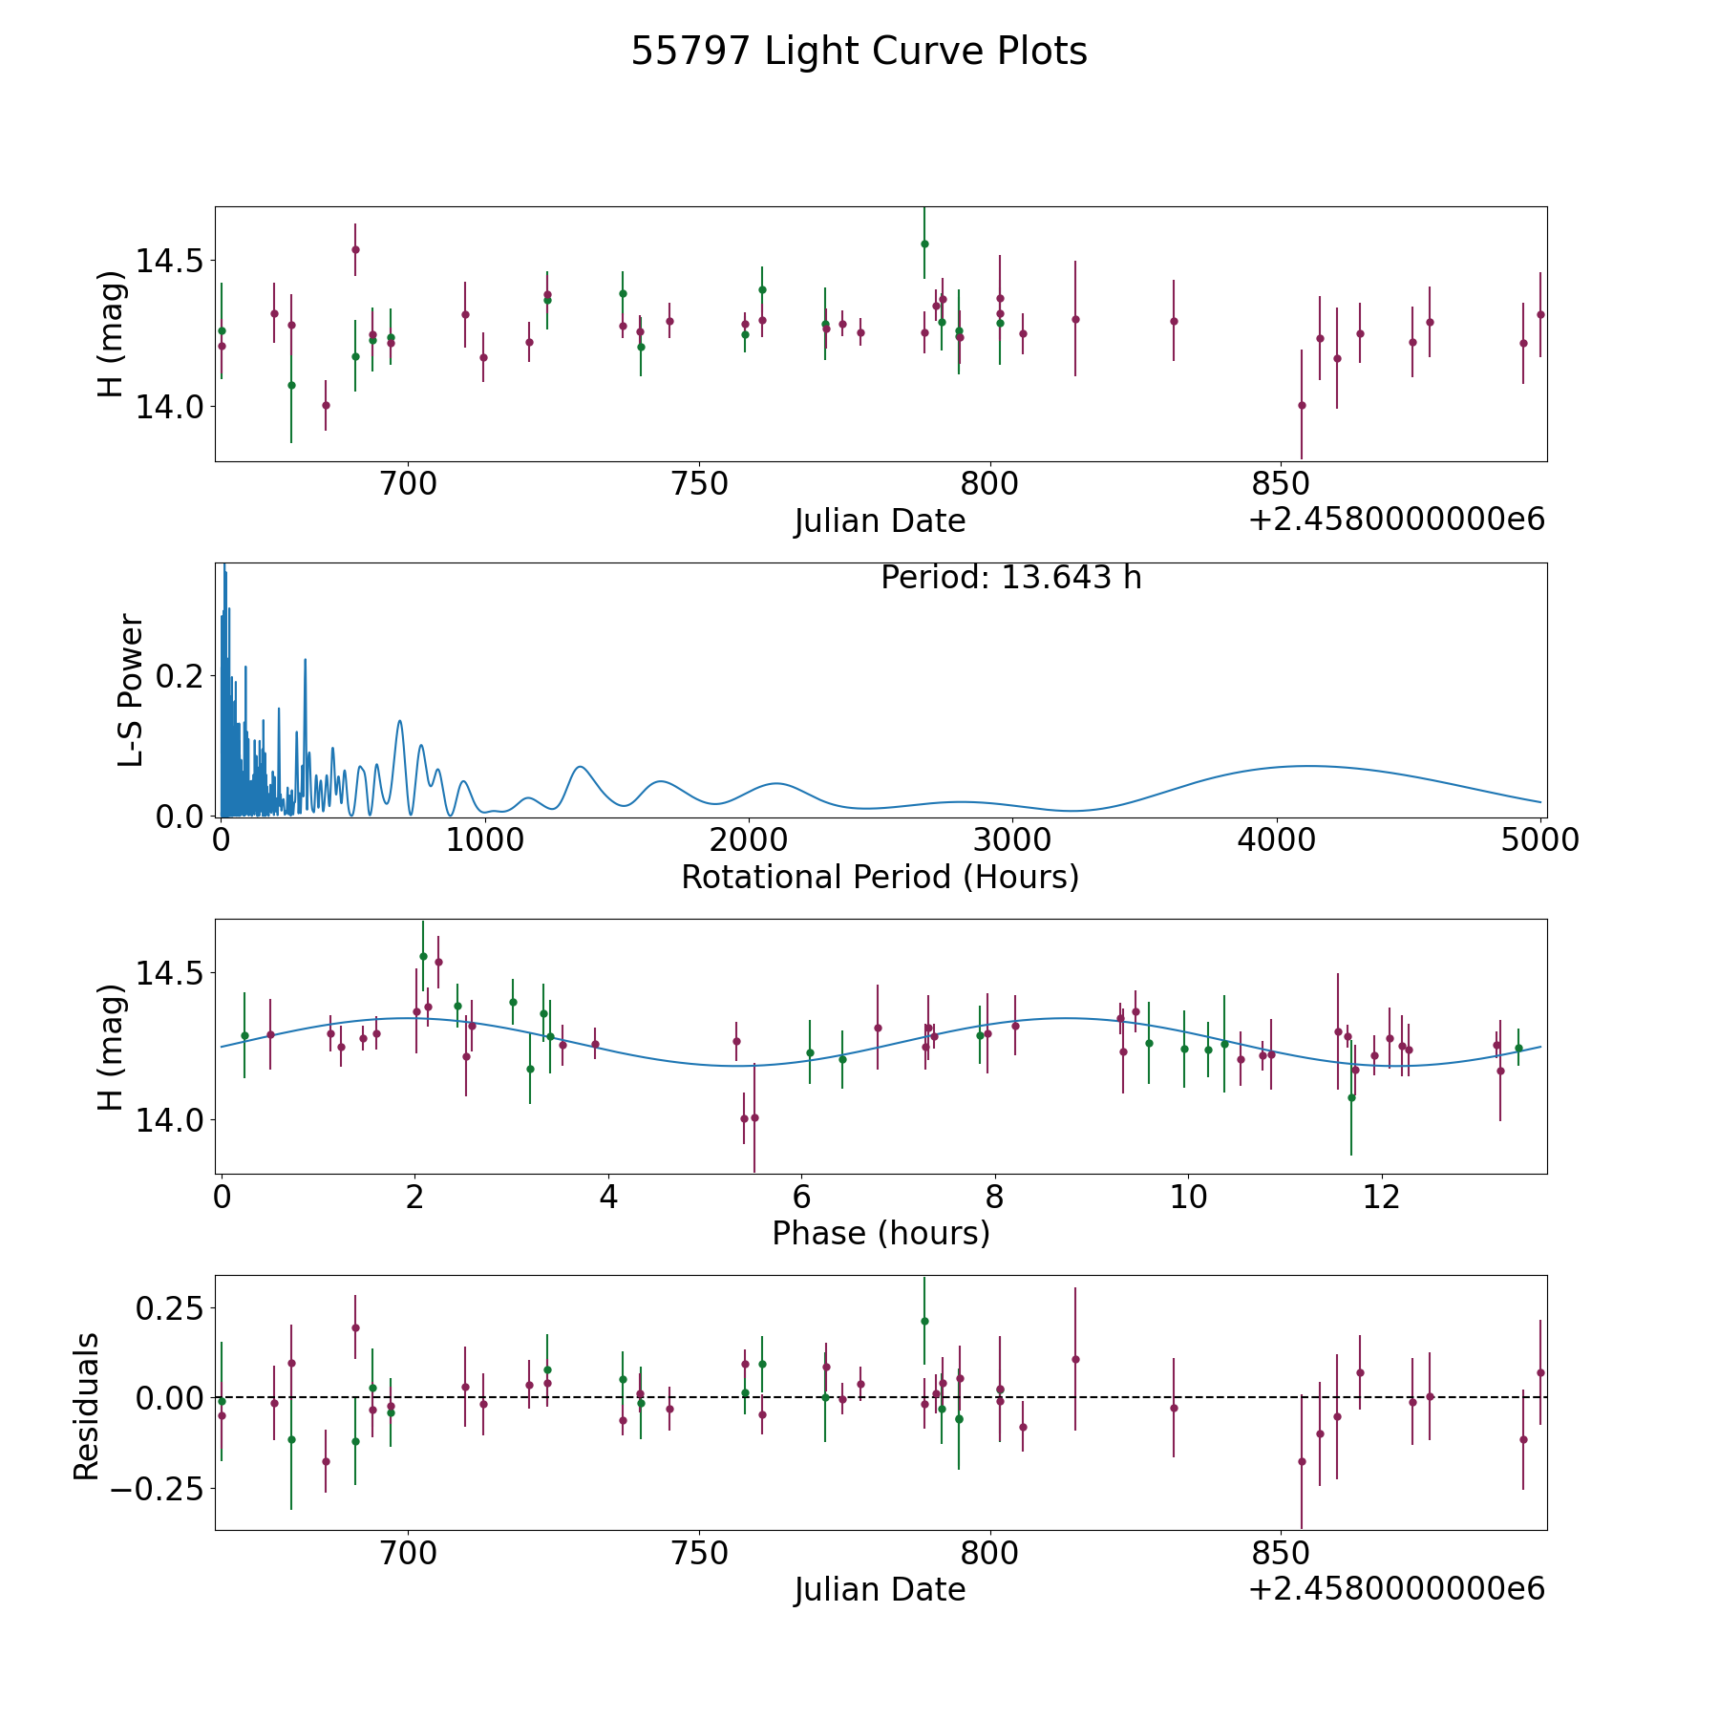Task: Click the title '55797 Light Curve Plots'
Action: [859, 52]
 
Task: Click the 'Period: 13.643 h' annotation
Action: [1010, 578]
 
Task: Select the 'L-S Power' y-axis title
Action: [131, 690]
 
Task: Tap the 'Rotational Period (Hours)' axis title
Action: [880, 877]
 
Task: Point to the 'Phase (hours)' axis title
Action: [881, 1233]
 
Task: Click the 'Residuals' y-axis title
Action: [87, 1406]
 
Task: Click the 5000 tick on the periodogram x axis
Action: [1540, 840]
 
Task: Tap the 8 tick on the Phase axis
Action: [994, 1197]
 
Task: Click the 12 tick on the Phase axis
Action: [1381, 1197]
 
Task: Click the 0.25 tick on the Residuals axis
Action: [168, 1307]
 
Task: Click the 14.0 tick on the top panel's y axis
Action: [168, 407]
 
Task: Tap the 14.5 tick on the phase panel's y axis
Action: [168, 973]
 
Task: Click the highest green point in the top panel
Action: [924, 244]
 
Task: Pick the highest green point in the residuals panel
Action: [924, 1321]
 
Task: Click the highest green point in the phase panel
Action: [423, 956]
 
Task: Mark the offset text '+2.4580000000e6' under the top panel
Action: [1396, 520]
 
